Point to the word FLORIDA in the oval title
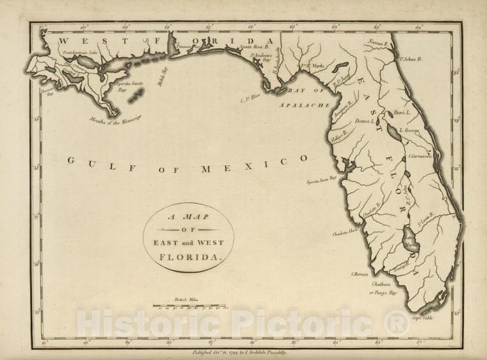pos(188,256)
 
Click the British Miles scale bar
pos(189,307)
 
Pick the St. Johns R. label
pos(411,60)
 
